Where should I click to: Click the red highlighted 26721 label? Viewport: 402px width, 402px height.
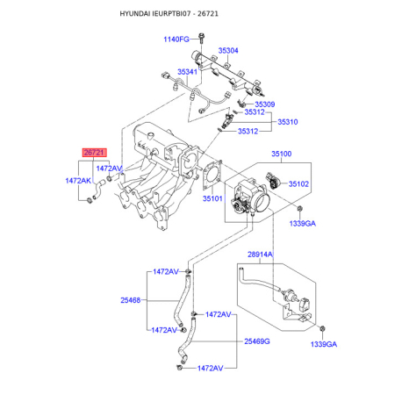coord(94,153)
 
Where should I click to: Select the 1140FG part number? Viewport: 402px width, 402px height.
coord(176,39)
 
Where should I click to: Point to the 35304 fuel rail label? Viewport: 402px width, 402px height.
coord(228,51)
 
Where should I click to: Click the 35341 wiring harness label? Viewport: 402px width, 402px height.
coord(187,72)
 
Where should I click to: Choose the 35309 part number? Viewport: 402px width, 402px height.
coord(265,104)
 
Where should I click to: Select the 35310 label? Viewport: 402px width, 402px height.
coord(288,122)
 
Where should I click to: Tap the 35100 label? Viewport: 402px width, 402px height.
coord(282,154)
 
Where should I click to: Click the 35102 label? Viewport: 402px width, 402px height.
coord(298,184)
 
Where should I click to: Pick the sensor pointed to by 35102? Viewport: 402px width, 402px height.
coord(273,181)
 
